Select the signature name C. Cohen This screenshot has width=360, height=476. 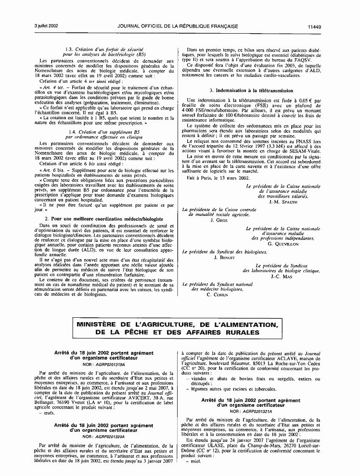(216, 294)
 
